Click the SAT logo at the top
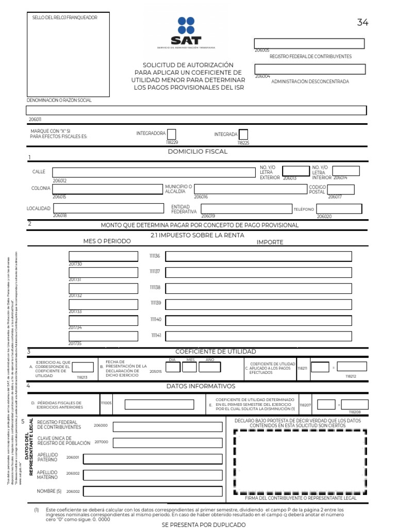coord(186,32)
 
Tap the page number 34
coord(362,22)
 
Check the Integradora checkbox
coord(172,134)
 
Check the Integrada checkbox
coord(243,134)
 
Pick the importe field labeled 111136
coord(258,256)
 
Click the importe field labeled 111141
coord(258,336)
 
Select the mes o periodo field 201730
coord(103,256)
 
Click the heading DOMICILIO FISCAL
coord(197,152)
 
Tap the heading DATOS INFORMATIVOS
coord(201,386)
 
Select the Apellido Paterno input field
coord(153,459)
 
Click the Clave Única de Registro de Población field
coord(167,442)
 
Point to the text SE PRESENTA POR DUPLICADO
coord(196,524)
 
